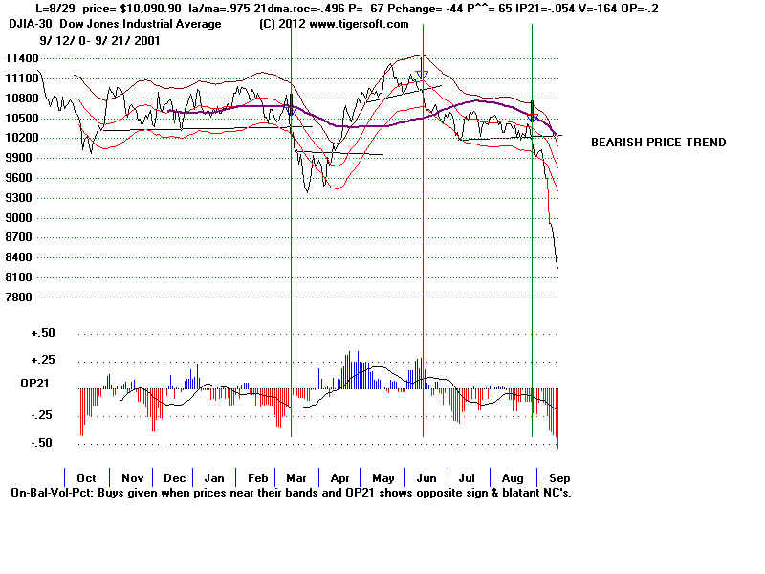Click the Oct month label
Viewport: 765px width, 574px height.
[86, 477]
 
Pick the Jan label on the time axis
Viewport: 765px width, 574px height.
[214, 477]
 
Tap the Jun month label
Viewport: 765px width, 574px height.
[426, 477]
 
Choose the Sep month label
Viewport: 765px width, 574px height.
[559, 477]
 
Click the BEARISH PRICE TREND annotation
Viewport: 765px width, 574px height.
[658, 143]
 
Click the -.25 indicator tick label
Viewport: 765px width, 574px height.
[40, 415]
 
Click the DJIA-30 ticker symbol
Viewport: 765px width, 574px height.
[33, 24]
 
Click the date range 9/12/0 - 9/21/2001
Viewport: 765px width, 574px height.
[100, 41]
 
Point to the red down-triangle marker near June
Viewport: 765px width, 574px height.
[422, 75]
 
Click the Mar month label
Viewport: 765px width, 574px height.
[297, 477]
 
